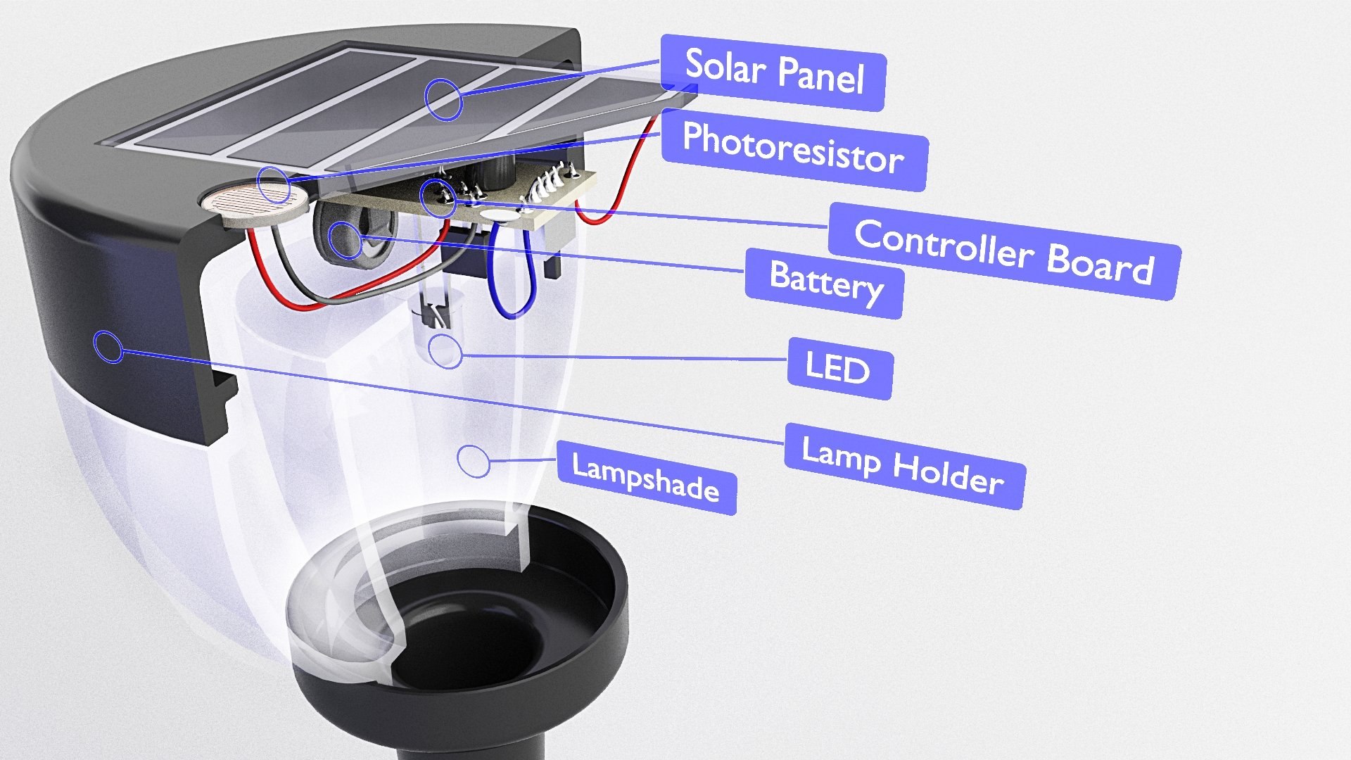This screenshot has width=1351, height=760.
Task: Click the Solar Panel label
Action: tap(773, 72)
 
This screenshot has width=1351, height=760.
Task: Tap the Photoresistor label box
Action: tap(793, 148)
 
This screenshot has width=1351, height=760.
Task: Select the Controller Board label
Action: tap(1003, 251)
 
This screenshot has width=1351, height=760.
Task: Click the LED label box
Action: tap(839, 368)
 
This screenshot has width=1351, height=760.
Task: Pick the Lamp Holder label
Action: tap(903, 465)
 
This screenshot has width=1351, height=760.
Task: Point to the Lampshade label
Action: tap(646, 478)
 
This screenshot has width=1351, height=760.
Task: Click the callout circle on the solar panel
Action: tap(443, 99)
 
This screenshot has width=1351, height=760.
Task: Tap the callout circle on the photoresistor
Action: tap(273, 184)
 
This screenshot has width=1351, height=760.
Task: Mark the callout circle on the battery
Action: tap(345, 239)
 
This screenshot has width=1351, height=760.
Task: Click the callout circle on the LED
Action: tap(445, 350)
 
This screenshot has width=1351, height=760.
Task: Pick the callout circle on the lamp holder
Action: tap(108, 346)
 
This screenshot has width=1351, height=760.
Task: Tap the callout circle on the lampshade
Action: tap(474, 460)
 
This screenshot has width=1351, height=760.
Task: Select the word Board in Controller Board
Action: tap(1101, 264)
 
